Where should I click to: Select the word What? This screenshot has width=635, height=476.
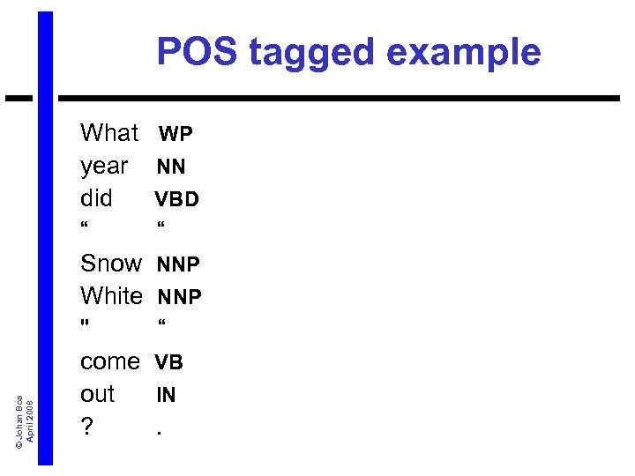[109, 133]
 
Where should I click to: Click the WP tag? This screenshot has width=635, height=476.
[176, 134]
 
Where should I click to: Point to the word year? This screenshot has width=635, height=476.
[104, 167]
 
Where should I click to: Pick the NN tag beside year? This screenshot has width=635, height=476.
[171, 167]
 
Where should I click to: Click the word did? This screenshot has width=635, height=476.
[96, 198]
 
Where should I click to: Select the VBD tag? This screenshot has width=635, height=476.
[177, 199]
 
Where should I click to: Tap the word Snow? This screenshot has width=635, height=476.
[110, 264]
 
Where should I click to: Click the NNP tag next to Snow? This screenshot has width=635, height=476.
[178, 264]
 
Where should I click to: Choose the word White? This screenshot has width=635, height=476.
[111, 295]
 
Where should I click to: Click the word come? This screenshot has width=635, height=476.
[109, 361]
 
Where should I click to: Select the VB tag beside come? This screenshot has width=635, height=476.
[169, 361]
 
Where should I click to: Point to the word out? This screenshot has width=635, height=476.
[98, 394]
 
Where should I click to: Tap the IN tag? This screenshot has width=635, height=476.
[166, 395]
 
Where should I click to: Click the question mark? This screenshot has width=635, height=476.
[86, 427]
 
